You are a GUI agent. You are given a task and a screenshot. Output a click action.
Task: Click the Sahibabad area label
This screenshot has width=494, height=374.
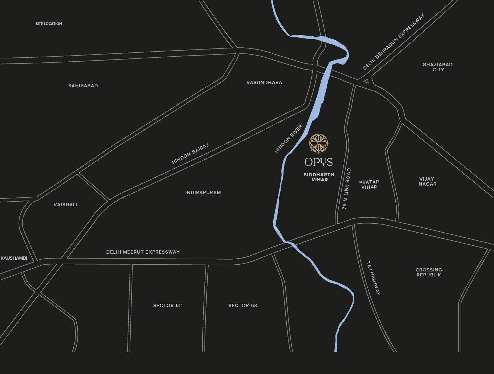pos(83,86)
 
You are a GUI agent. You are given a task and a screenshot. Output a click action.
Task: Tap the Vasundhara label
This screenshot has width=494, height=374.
pos(264,83)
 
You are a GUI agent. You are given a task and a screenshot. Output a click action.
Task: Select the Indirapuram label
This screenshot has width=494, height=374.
pos(203,193)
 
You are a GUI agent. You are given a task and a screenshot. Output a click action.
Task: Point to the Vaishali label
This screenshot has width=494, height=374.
pos(65,205)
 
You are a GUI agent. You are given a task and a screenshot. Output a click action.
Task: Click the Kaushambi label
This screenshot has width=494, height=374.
pos(14,258)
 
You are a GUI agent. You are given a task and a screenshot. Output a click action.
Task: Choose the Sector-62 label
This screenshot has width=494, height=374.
pos(167,306)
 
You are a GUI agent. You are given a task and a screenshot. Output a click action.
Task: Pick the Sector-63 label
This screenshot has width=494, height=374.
pos(243,306)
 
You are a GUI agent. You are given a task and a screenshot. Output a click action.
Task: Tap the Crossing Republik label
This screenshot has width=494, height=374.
pos(429,272)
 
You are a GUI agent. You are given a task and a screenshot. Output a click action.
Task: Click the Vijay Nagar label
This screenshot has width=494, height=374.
pos(427,182)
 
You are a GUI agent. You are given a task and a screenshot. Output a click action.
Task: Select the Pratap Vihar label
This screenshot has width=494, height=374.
pos(369,185)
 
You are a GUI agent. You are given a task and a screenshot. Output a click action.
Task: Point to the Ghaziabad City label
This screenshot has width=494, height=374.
pos(437,67)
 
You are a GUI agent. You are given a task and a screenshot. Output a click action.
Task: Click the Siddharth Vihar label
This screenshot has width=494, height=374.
pos(319,177)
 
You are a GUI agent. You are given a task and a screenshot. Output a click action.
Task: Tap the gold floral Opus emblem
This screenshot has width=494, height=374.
pos(319,143)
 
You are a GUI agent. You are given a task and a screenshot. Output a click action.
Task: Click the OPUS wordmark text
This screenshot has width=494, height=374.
pos(318,162)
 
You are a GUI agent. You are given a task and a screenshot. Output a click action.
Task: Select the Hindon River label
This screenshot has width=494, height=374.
pos(288,139)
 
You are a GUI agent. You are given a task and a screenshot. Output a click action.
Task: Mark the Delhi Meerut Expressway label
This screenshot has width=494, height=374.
pos(143,252)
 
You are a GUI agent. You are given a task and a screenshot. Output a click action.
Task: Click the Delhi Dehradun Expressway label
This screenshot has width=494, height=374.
pos(394,42)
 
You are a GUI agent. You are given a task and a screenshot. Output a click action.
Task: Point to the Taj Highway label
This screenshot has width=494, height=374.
pos(374,279)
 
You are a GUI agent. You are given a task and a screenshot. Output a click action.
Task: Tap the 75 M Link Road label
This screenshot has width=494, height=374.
pos(347,189)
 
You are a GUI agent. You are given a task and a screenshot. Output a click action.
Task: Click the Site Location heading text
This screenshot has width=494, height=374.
pos(49,24)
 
